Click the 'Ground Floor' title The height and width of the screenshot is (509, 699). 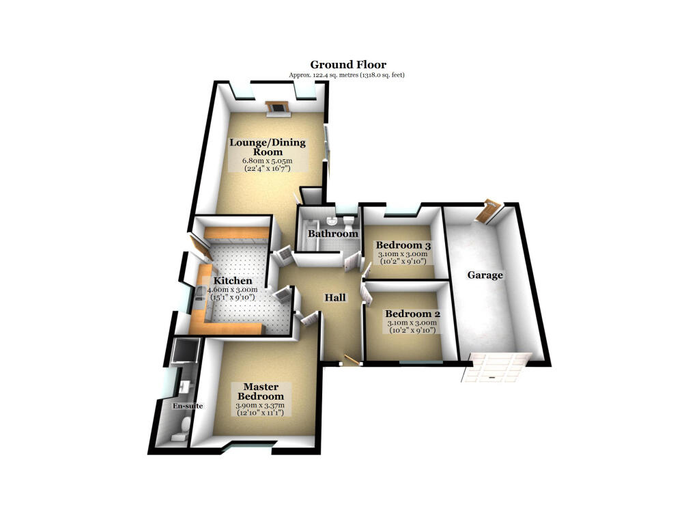pos(348,65)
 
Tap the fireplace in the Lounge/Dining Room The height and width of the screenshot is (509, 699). pos(276,107)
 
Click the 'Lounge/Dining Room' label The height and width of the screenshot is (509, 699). pos(267,147)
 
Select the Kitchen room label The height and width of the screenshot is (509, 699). pos(233,281)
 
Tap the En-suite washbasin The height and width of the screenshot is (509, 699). pos(184,387)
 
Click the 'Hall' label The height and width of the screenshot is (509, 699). pos(335,297)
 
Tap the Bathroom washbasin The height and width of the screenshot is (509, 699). pos(330,220)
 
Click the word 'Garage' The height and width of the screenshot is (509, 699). pos(485,275)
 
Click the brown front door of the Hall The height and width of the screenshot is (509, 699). pos(352,359)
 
